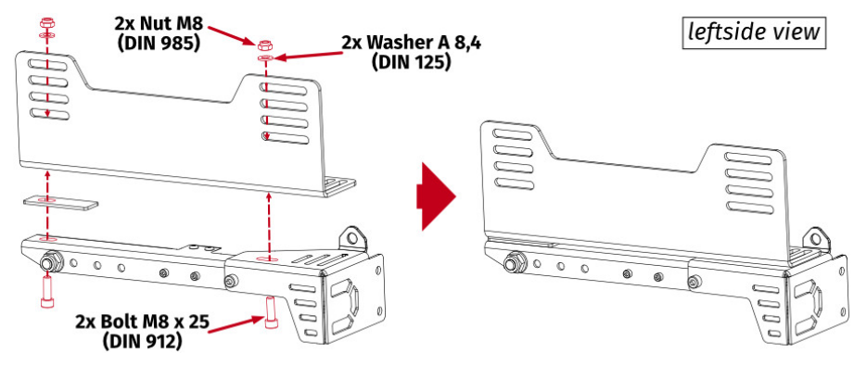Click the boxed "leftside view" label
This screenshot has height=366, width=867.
pos(754,32)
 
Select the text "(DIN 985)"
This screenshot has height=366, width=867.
pos(160,42)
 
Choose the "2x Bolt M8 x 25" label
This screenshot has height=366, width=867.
pos(143,322)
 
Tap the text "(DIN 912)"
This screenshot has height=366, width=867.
pos(144,341)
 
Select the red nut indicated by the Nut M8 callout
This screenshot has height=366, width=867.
pos(264,44)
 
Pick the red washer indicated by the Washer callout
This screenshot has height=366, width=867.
pos(265,58)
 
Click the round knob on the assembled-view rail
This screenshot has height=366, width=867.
pos(509,263)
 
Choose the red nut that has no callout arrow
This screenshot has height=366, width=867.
pos(46,19)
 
